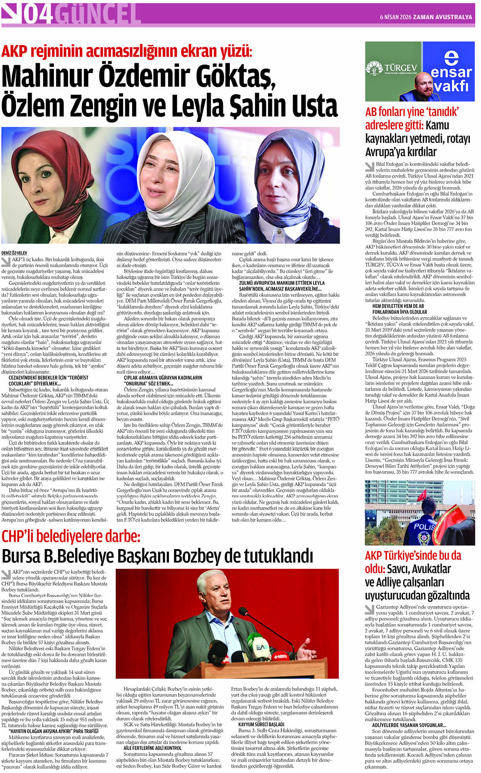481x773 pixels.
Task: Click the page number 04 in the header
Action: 37,14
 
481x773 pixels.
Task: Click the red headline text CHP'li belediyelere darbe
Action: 71,537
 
